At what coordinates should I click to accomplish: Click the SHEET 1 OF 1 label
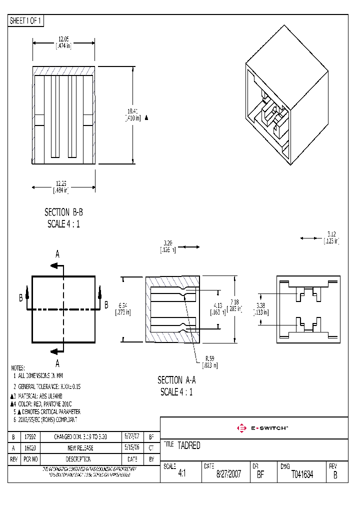[26, 21]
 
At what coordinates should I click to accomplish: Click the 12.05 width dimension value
[63, 38]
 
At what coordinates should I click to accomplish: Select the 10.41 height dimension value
[132, 110]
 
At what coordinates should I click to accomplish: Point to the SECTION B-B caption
[63, 212]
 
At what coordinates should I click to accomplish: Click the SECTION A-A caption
[176, 380]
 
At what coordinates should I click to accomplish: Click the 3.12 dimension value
[331, 233]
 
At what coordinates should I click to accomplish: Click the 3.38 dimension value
[260, 305]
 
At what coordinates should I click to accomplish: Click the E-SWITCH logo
[262, 428]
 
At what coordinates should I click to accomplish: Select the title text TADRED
[189, 445]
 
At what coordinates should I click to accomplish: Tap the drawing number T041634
[302, 474]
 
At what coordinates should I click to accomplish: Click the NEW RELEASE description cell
[80, 448]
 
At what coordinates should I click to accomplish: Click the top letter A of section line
[57, 254]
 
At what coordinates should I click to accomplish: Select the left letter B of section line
[21, 298]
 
